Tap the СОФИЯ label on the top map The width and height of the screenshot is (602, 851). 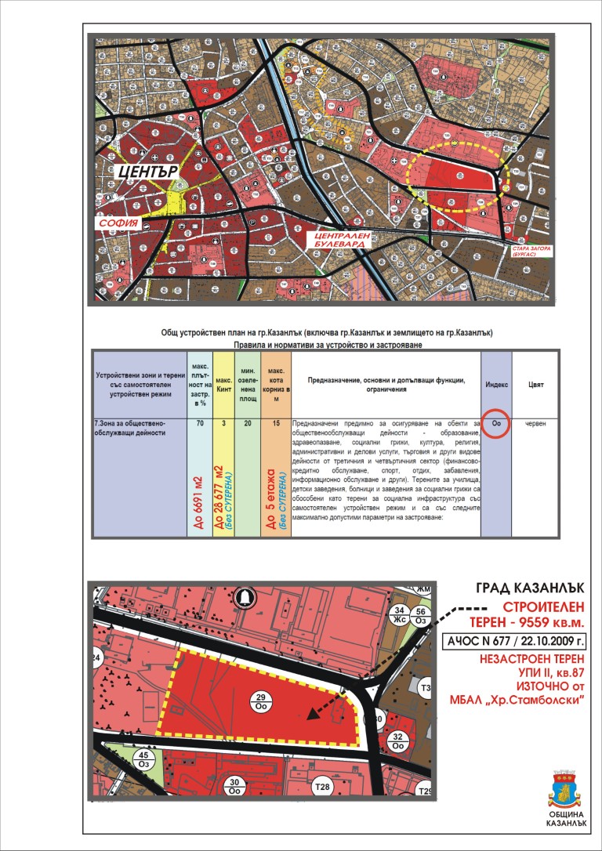coord(118,223)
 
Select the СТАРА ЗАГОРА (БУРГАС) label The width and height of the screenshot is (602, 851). coord(527,252)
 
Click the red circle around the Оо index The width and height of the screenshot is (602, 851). coord(496,423)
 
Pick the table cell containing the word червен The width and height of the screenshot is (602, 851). coord(535,423)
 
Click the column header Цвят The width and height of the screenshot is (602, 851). coord(535,385)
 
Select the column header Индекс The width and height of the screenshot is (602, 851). coord(496,385)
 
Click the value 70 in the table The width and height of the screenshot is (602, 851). coord(200,423)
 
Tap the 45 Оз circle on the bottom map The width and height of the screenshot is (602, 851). coord(143,759)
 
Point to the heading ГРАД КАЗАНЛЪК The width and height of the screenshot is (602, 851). coord(530,588)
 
